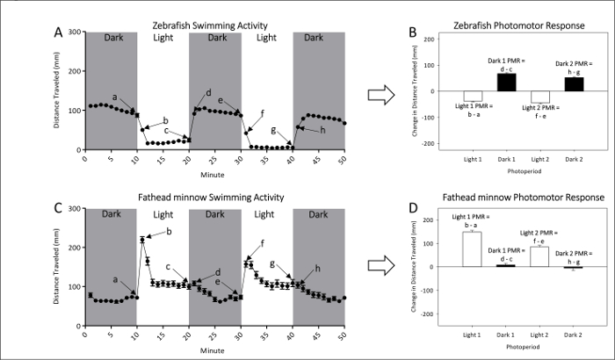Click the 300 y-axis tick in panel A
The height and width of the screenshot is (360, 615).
pos(75,32)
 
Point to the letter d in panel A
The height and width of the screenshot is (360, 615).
pos(208,93)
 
